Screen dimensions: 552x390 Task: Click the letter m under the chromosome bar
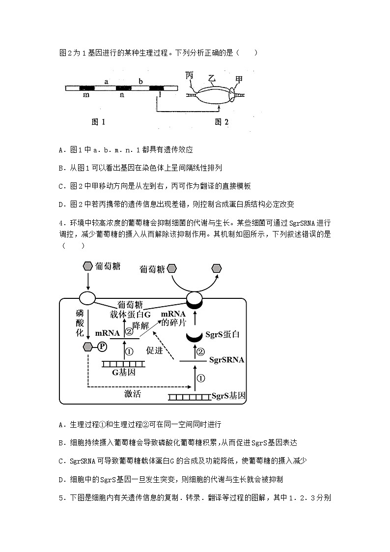[x=86, y=94]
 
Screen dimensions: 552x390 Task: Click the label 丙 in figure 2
[x=190, y=75]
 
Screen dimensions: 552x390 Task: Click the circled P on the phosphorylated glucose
[x=102, y=347]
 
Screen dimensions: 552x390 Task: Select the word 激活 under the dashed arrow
[x=133, y=394]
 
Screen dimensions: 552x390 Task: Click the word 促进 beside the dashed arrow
[x=155, y=351]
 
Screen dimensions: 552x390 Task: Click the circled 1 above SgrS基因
[x=200, y=378]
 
